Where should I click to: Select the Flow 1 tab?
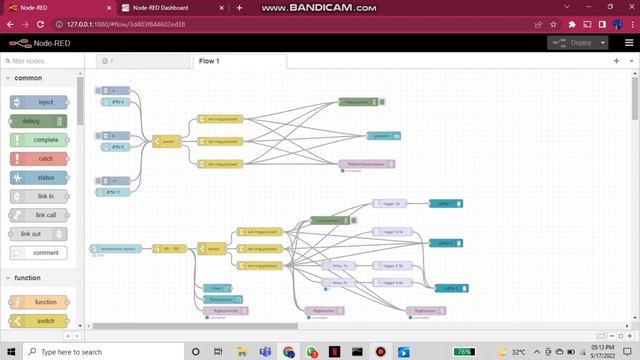click(x=209, y=62)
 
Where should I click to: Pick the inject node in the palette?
click(x=40, y=102)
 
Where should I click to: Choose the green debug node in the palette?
click(x=40, y=121)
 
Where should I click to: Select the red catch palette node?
click(x=40, y=158)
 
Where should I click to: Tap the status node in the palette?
click(x=40, y=177)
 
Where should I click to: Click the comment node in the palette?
click(x=40, y=252)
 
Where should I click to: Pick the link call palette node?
click(x=40, y=214)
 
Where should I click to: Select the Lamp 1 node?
click(x=446, y=203)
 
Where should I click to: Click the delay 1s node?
click(x=338, y=266)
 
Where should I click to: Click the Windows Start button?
click(x=10, y=352)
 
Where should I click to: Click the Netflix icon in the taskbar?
click(x=334, y=352)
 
